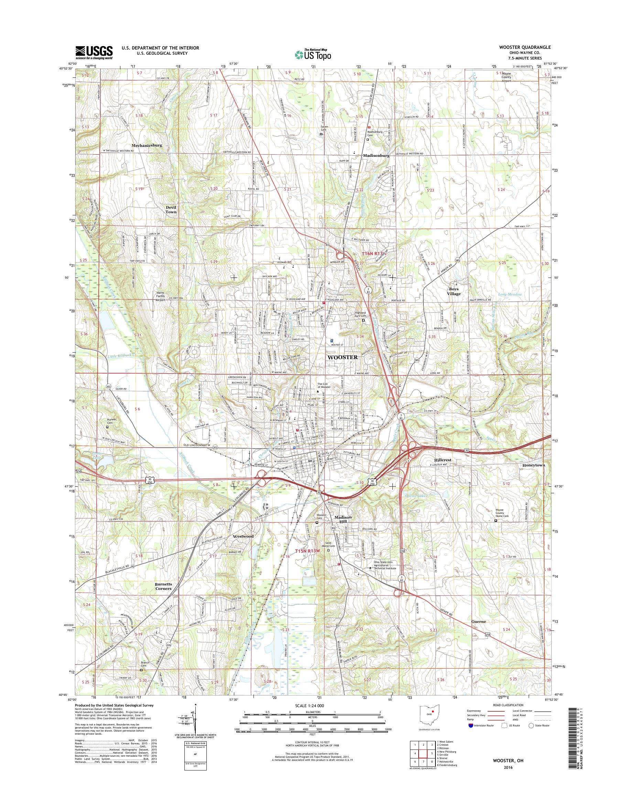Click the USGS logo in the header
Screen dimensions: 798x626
94,52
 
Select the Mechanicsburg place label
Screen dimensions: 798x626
143,145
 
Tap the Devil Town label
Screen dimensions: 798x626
171,209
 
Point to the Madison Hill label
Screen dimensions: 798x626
343,519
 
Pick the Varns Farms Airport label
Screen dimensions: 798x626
161,295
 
